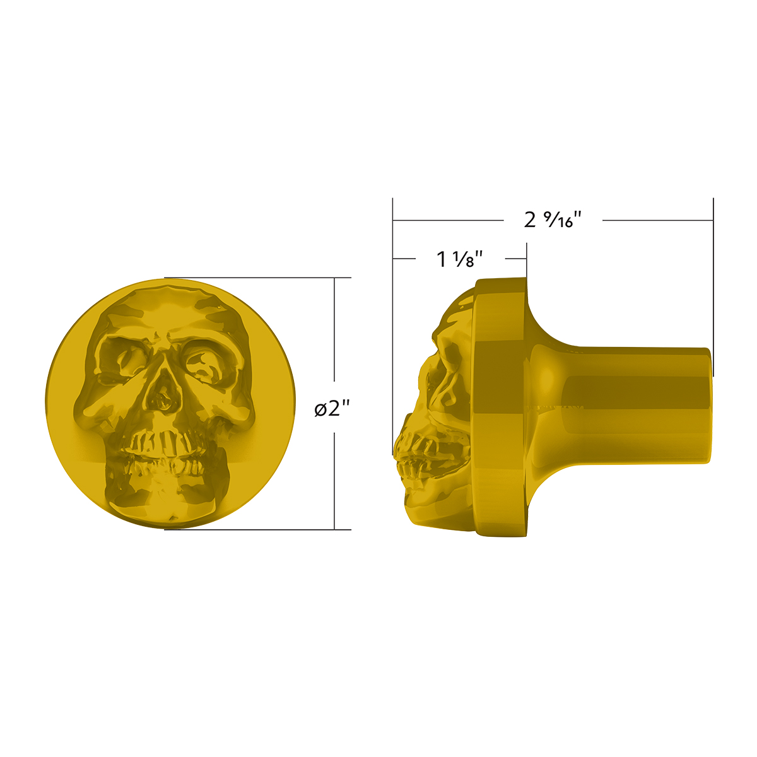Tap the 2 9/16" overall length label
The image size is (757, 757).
552,220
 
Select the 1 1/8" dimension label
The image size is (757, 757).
460,259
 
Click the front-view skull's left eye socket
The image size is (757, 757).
123,360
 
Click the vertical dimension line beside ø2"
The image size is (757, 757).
334,341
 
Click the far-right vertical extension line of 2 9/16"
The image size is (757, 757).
713,284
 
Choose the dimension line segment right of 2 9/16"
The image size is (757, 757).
656,220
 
